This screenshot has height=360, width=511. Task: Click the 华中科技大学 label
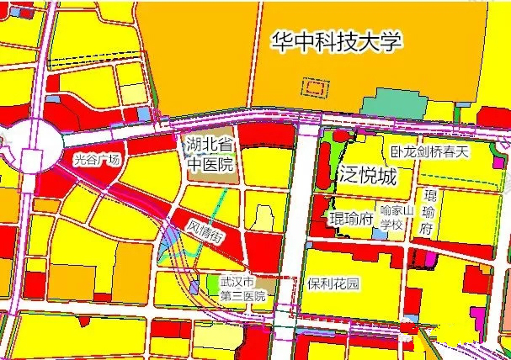337,42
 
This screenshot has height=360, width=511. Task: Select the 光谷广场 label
97,159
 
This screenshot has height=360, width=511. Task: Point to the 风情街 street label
205,229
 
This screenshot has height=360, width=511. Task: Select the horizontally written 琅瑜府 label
350,219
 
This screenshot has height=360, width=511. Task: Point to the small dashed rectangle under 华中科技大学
314,86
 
